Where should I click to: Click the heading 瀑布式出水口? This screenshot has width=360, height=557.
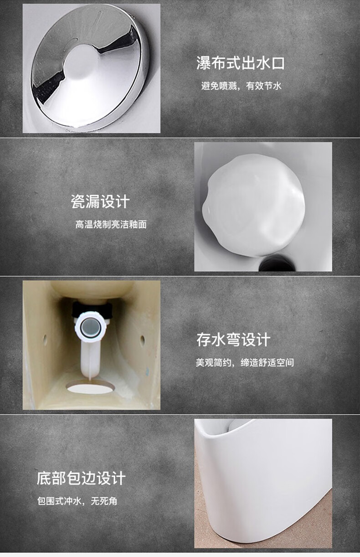click(241, 63)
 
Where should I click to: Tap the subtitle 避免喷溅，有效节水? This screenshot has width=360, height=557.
click(242, 86)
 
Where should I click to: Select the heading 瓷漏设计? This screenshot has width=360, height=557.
click(100, 201)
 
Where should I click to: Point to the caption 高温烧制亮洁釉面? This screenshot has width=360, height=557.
click(111, 224)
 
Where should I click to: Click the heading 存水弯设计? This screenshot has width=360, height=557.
click(233, 340)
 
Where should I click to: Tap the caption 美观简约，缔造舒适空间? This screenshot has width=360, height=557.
click(245, 363)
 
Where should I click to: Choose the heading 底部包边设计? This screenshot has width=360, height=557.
click(81, 478)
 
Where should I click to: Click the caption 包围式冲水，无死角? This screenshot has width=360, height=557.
click(77, 501)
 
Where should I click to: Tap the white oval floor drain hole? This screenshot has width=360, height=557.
click(90, 387)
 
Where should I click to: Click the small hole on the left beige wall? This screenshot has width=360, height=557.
click(45, 339)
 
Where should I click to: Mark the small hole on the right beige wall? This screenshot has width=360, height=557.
click(142, 340)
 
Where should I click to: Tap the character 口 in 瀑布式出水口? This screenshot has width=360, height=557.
click(278, 63)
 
